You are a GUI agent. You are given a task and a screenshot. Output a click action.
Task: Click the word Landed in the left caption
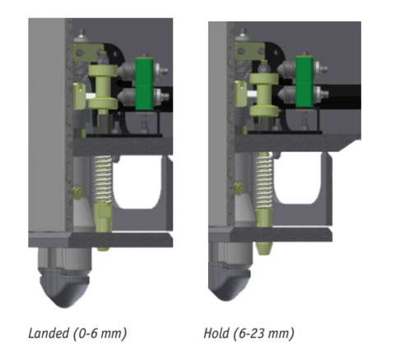47,334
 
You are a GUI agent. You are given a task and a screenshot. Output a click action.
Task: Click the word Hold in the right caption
216,334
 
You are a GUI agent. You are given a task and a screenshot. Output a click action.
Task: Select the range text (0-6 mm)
97,334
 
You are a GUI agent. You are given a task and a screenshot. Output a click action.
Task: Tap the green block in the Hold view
306,82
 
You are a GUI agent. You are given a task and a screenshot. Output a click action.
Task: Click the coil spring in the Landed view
102,181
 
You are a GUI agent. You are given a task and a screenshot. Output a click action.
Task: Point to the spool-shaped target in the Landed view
103,91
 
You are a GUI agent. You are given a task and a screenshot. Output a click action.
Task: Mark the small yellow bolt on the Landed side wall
78,193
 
